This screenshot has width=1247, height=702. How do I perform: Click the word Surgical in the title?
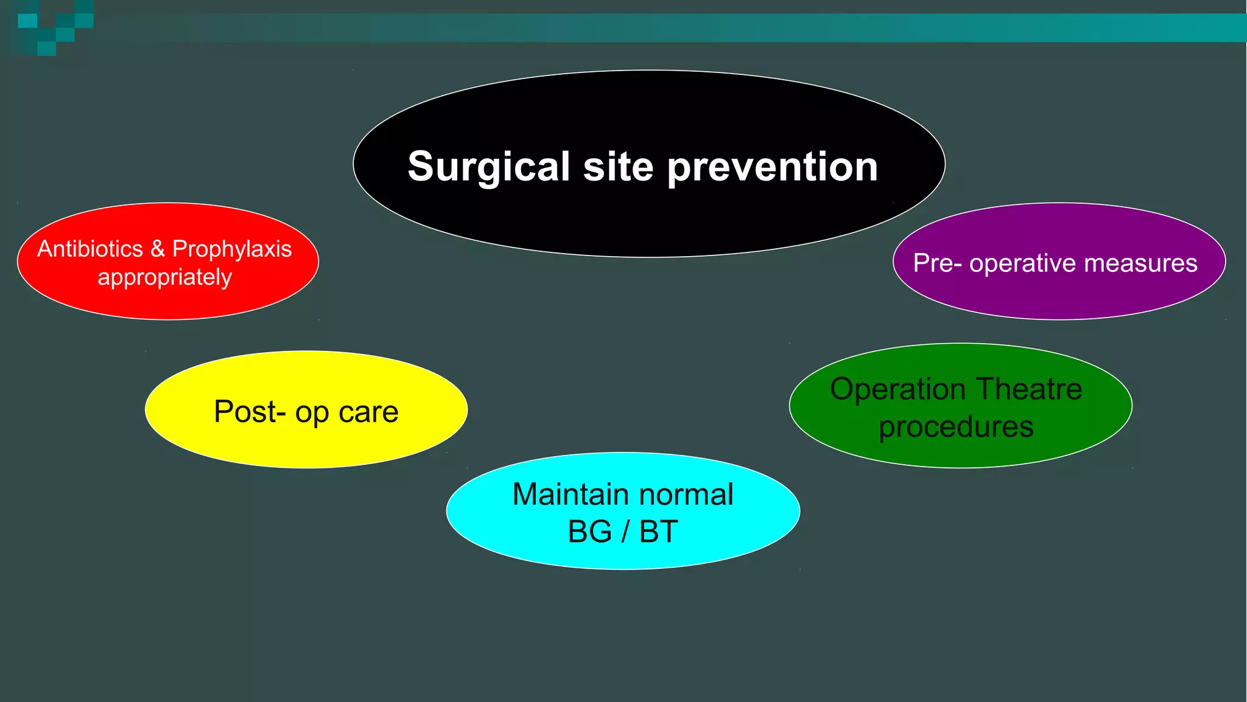click(x=488, y=167)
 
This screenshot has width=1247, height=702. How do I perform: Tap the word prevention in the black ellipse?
click(x=773, y=167)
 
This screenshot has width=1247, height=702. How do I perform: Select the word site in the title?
click(x=618, y=167)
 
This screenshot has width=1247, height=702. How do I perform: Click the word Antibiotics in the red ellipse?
click(x=90, y=249)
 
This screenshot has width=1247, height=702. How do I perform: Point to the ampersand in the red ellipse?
click(x=158, y=249)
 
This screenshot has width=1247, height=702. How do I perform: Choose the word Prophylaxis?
click(x=232, y=249)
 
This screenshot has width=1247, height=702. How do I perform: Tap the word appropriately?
click(x=164, y=277)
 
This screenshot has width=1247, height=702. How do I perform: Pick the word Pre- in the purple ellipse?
click(x=937, y=263)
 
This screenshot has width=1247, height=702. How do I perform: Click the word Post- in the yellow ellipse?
click(x=250, y=412)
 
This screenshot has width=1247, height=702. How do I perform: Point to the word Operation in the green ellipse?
click(x=898, y=389)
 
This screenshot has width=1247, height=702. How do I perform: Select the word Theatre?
click(x=1029, y=389)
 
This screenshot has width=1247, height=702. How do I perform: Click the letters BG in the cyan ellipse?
click(x=589, y=532)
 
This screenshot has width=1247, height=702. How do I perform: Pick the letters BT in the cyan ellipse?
click(x=658, y=532)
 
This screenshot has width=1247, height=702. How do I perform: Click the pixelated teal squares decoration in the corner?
click(x=55, y=27)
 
